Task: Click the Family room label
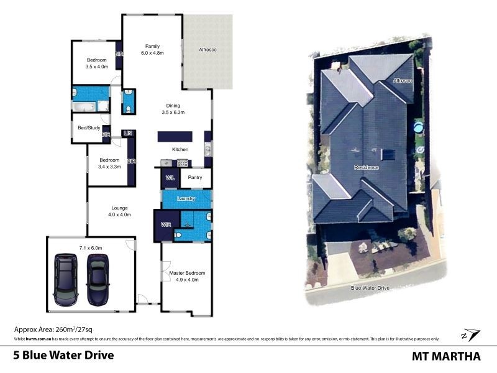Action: click(152, 46)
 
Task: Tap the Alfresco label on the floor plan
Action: click(207, 49)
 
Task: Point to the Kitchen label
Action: click(180, 149)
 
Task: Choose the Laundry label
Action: click(186, 198)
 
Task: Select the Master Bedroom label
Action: click(187, 273)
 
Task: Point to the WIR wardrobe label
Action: click(166, 224)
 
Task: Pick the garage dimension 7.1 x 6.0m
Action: click(90, 247)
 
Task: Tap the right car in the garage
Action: click(97, 280)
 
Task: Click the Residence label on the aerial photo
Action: click(366, 168)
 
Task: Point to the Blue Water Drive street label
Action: click(370, 288)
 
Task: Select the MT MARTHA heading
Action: click(446, 356)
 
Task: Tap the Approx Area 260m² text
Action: click(53, 329)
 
